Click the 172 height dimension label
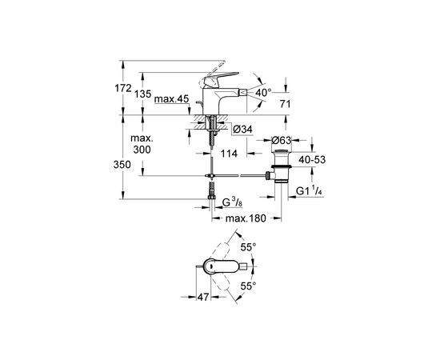point(123,88)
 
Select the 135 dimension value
point(142,94)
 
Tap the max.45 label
point(171,98)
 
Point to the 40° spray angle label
point(263,92)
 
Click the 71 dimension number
point(285,104)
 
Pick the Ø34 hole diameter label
point(242,130)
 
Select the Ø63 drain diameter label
point(282,140)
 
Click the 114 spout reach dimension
point(229,154)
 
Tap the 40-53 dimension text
point(312,160)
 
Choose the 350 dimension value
point(122,165)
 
